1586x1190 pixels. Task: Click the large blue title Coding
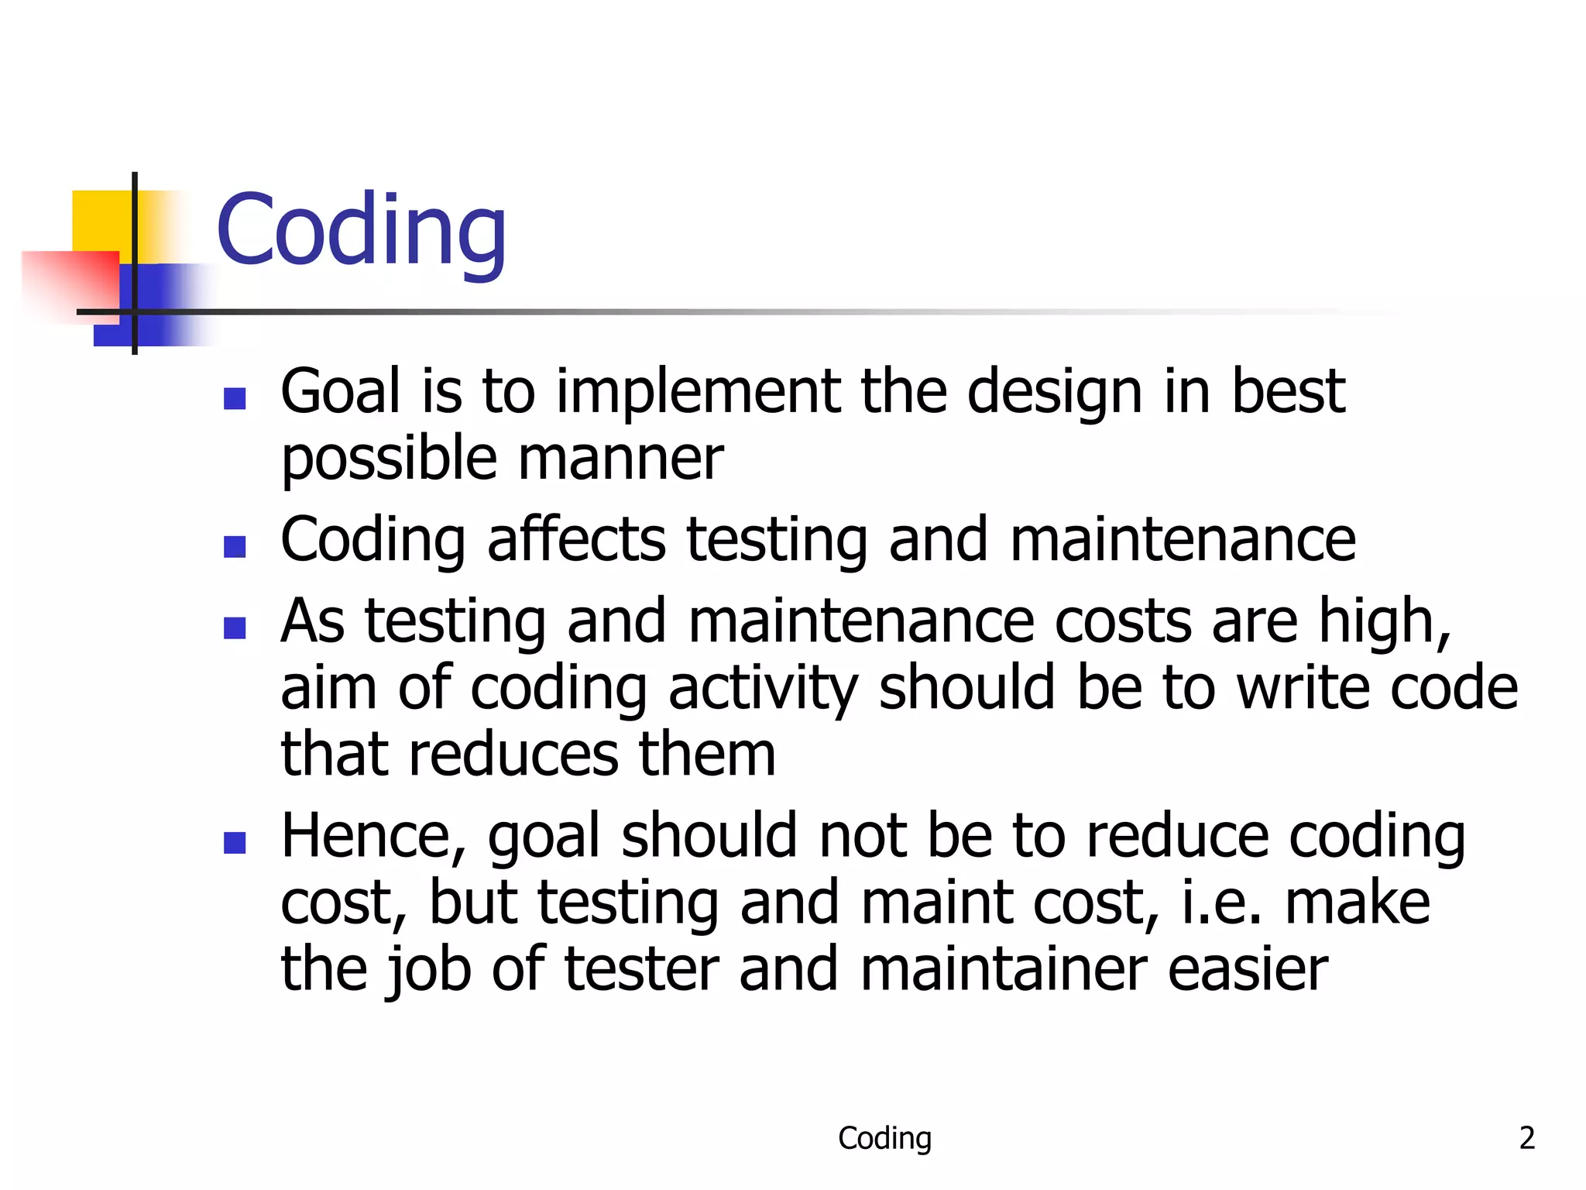tap(361, 230)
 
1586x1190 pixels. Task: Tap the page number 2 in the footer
tap(1526, 1138)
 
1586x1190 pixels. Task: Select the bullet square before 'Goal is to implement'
tap(235, 398)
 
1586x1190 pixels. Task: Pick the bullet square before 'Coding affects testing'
tap(235, 547)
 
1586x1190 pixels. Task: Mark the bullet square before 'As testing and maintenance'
tap(235, 628)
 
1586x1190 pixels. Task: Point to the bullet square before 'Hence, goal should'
tap(235, 842)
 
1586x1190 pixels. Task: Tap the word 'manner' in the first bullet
tap(620, 459)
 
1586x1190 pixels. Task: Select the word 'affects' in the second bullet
tap(576, 540)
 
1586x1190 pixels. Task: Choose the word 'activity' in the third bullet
tap(763, 688)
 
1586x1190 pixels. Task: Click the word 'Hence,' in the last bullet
tap(374, 837)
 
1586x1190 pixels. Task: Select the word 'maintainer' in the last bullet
tap(1003, 969)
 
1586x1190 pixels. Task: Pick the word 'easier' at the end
tap(1248, 969)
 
